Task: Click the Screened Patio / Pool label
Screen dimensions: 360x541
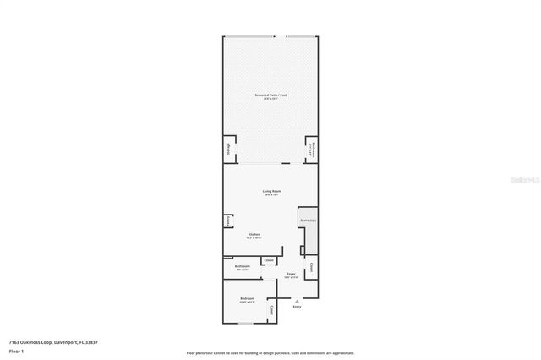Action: tap(270, 95)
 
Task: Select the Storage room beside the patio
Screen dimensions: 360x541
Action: tap(228, 150)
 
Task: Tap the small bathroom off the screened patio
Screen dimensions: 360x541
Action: tap(311, 150)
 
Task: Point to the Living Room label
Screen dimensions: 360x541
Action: tap(271, 191)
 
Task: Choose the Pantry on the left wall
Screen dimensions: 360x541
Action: tap(228, 221)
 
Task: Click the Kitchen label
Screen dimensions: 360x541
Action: tap(254, 234)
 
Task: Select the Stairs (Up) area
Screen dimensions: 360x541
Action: tap(308, 221)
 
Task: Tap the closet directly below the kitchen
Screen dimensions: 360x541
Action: tap(269, 260)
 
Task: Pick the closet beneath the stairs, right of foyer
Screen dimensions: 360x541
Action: tap(311, 268)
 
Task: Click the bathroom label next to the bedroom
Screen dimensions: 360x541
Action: tap(243, 266)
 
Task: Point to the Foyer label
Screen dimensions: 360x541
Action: tap(291, 274)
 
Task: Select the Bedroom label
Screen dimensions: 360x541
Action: tap(247, 299)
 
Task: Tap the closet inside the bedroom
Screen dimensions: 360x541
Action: tap(271, 311)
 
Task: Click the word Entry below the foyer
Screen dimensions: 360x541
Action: tap(297, 306)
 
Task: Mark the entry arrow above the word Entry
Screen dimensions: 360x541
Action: tap(297, 299)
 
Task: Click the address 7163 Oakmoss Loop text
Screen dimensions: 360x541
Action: tap(53, 341)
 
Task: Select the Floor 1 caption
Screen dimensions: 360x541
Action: tap(16, 350)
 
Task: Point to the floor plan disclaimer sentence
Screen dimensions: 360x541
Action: tap(270, 352)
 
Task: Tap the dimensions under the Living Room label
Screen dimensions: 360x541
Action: tap(271, 195)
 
